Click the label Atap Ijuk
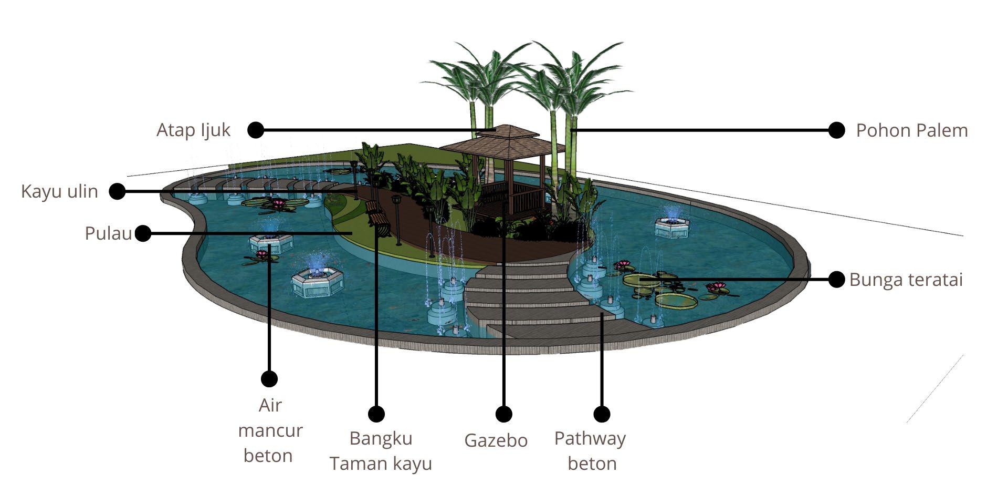pyautogui.click(x=193, y=130)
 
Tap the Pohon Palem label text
pyautogui.click(x=911, y=130)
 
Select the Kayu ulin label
pyautogui.click(x=59, y=191)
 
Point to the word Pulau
pyautogui.click(x=108, y=233)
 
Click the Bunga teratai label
pyautogui.click(x=906, y=280)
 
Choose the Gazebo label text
pyautogui.click(x=496, y=440)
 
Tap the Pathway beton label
pyautogui.click(x=590, y=450)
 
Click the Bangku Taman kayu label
pyautogui.click(x=381, y=450)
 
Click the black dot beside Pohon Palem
pyautogui.click(x=836, y=130)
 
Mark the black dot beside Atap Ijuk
pyautogui.click(x=256, y=130)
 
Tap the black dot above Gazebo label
pyautogui.click(x=503, y=414)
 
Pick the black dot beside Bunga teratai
pyautogui.click(x=836, y=280)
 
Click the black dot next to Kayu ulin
pyautogui.click(x=117, y=191)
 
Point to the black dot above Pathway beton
pyautogui.click(x=602, y=414)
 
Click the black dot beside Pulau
pyautogui.click(x=143, y=233)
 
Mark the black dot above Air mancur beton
pyautogui.click(x=269, y=378)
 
